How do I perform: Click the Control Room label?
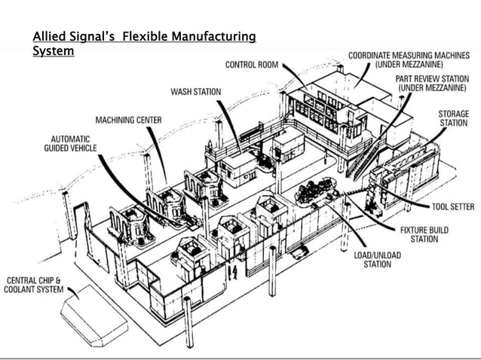pyautogui.click(x=253, y=65)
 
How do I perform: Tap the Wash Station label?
pyautogui.click(x=196, y=92)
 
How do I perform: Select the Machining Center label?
pyautogui.click(x=128, y=121)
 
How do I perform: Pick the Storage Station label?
pyautogui.click(x=454, y=118)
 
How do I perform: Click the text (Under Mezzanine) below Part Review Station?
pyautogui.click(x=430, y=88)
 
